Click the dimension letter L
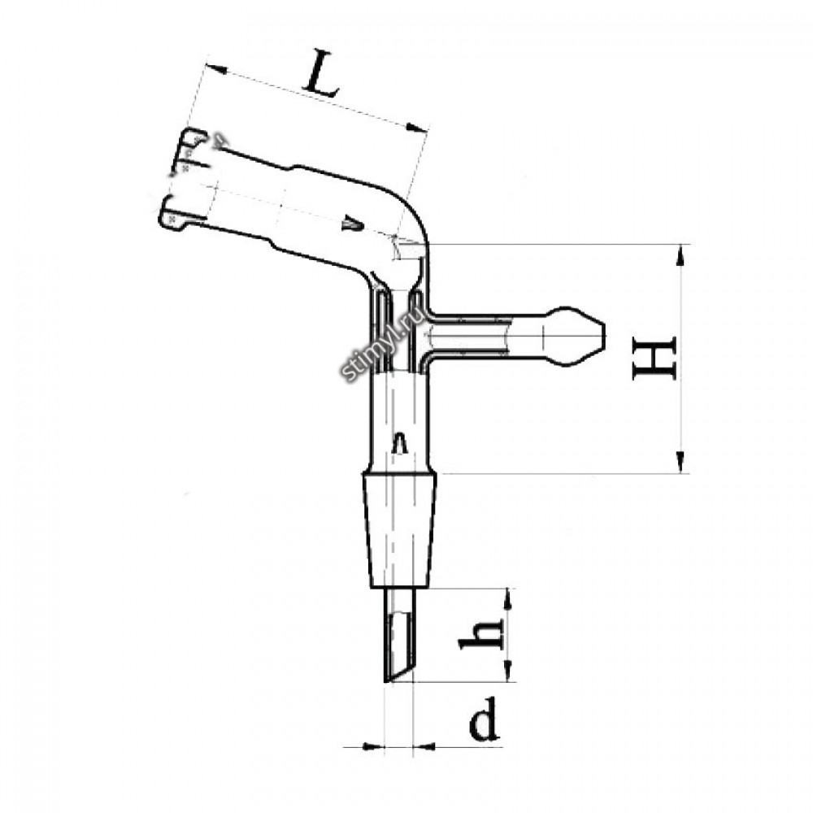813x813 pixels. coord(321,74)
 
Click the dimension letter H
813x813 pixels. coord(654,358)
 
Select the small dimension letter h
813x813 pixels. coord(480,634)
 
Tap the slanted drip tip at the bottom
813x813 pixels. coord(399,635)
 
